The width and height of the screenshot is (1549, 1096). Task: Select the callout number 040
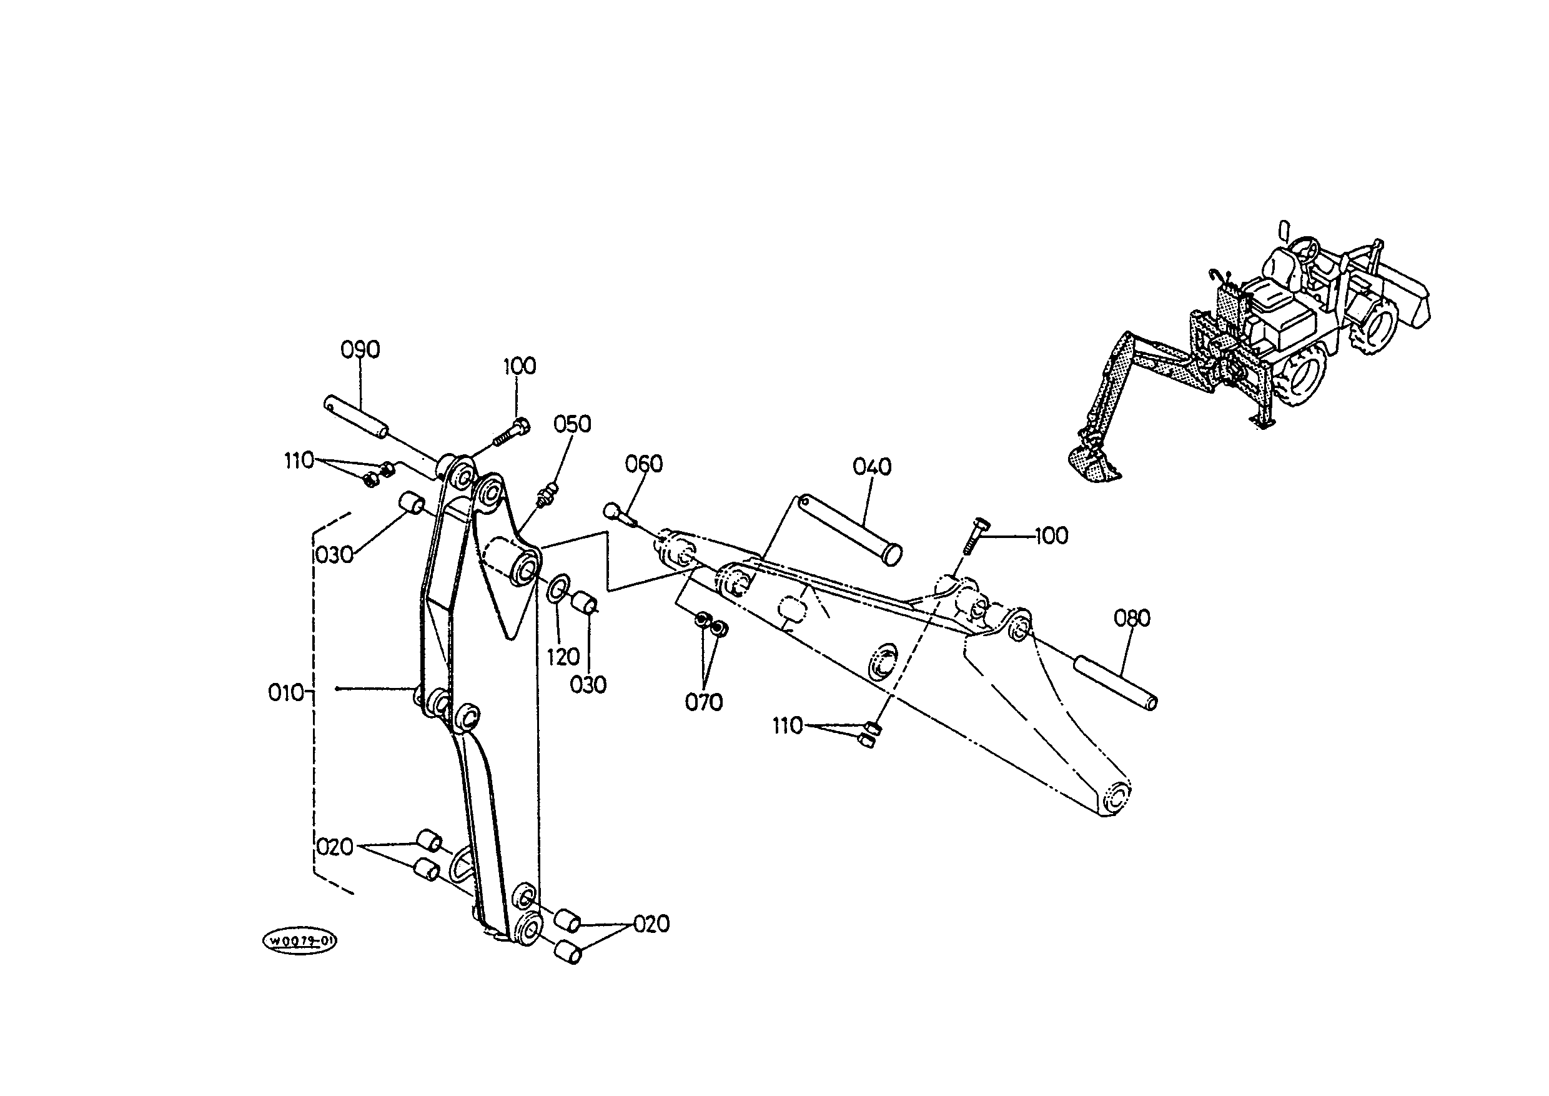click(x=873, y=467)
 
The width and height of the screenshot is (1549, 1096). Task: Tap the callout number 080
click(x=1132, y=618)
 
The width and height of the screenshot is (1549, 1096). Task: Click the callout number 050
click(x=572, y=424)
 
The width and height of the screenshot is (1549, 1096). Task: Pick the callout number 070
click(x=704, y=703)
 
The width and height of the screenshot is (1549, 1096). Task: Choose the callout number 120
click(x=563, y=657)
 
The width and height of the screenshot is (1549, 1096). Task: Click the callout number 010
click(x=286, y=693)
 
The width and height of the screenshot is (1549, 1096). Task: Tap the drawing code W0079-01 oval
click(x=299, y=941)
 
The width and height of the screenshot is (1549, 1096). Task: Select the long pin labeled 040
click(x=849, y=530)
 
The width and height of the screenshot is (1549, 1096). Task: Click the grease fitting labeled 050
click(x=547, y=495)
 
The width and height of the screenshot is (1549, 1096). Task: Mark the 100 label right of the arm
click(x=1051, y=536)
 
